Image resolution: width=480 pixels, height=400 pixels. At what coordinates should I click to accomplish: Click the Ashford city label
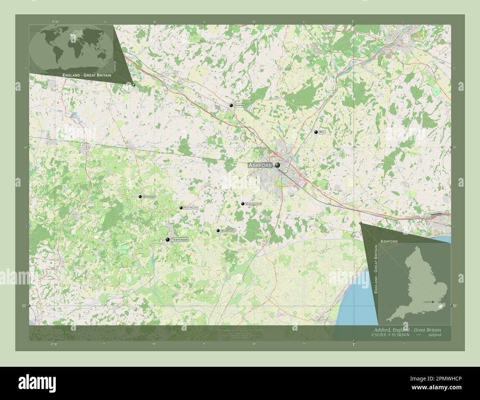[x=260, y=165]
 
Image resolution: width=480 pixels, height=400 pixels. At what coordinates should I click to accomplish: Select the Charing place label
[x=239, y=106]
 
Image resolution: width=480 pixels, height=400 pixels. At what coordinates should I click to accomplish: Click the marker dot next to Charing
[x=231, y=106]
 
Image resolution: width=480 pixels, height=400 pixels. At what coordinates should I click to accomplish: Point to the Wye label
[x=322, y=132]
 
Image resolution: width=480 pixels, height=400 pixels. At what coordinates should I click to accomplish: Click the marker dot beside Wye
[x=316, y=132]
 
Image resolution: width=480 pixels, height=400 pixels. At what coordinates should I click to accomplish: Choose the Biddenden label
[x=150, y=197]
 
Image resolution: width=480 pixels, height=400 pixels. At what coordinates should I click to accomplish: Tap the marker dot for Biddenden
[x=140, y=197]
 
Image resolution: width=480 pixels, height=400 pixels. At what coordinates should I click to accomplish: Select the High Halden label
[x=191, y=208]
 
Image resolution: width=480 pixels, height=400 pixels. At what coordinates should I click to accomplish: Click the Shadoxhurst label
[x=254, y=204]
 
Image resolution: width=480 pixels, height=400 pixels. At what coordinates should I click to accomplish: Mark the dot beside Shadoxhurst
[x=243, y=204]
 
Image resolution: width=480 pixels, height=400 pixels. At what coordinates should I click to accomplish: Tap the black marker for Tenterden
[x=168, y=240]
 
